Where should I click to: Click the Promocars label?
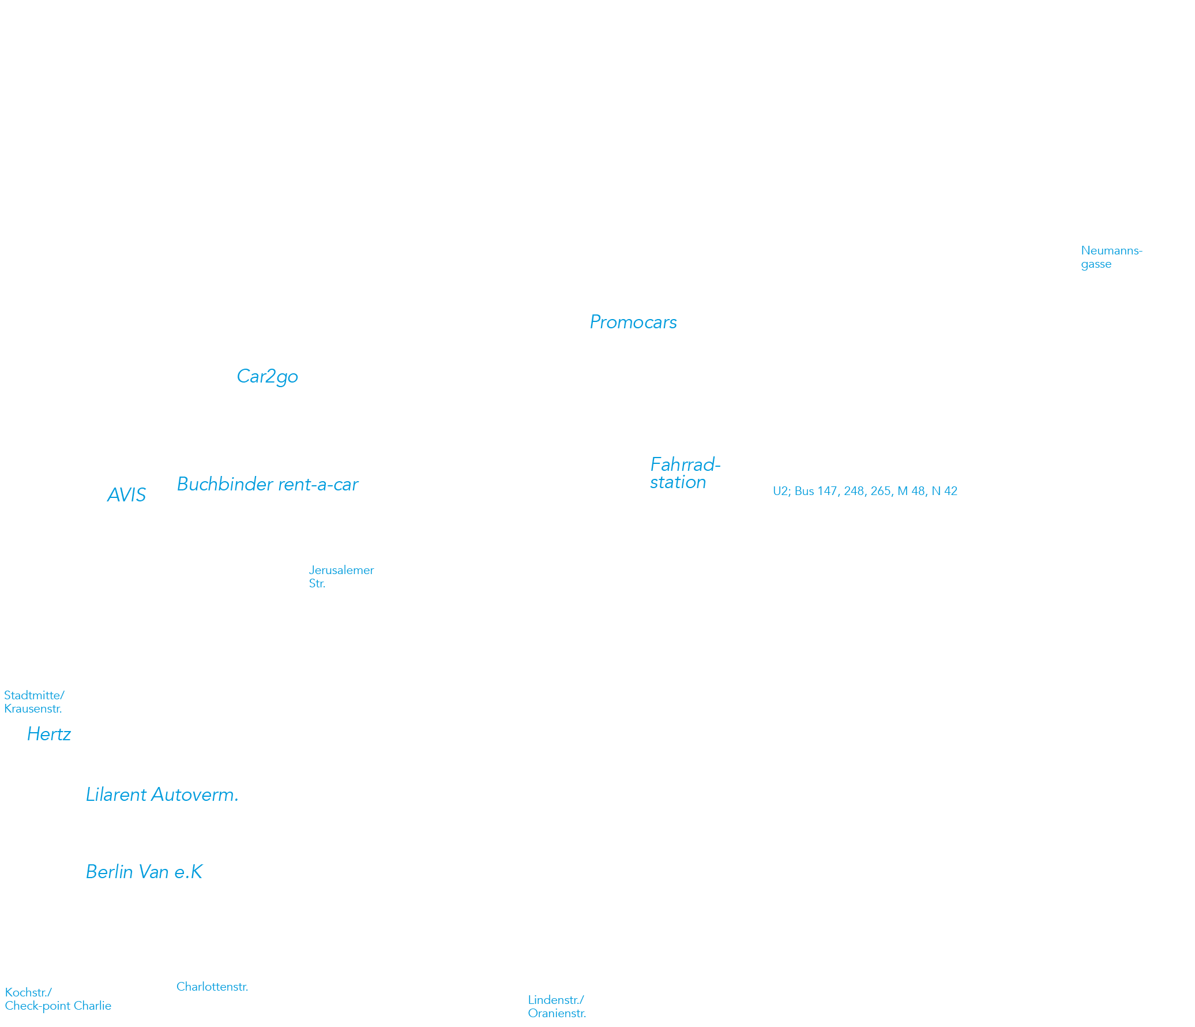(x=633, y=322)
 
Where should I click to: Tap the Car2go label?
(x=267, y=377)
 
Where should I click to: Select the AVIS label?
(x=126, y=495)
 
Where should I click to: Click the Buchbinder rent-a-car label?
(x=267, y=484)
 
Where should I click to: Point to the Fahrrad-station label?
(x=685, y=473)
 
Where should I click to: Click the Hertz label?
(x=49, y=734)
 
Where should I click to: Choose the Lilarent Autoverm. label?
(x=162, y=794)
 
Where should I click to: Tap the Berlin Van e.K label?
(x=144, y=871)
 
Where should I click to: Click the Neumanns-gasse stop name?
(x=1111, y=257)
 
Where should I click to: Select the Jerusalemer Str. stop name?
(x=341, y=577)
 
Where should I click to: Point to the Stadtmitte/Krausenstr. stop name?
(x=34, y=702)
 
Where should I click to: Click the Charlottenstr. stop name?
(x=212, y=987)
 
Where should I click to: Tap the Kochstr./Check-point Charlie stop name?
(x=58, y=999)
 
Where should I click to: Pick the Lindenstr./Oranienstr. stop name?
(x=557, y=1007)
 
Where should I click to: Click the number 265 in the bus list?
(x=881, y=491)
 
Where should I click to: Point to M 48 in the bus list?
(x=911, y=491)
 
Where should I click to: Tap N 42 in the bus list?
(x=945, y=491)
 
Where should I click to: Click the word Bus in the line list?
(x=805, y=491)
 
